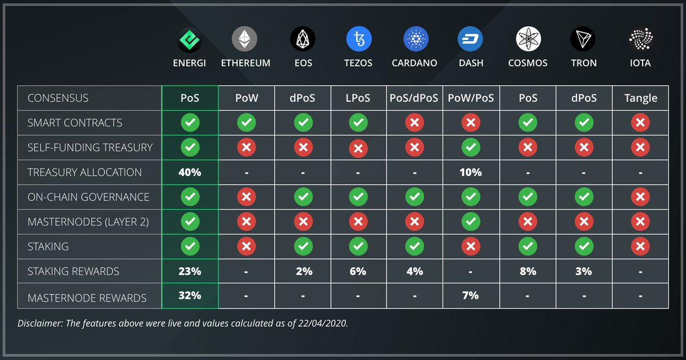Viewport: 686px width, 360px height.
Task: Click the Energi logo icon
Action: [x=190, y=39]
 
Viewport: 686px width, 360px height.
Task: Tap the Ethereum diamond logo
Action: [x=245, y=39]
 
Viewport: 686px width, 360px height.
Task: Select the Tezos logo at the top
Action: [x=359, y=39]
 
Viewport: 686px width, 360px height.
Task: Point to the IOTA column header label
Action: [x=640, y=63]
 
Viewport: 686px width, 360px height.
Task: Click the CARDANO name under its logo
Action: [x=414, y=63]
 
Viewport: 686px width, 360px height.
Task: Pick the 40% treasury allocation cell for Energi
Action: [x=190, y=172]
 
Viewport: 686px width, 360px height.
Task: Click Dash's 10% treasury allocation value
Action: [x=470, y=172]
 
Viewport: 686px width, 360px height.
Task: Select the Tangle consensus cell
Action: [x=640, y=98]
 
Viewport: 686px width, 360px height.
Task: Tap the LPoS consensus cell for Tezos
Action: [x=358, y=98]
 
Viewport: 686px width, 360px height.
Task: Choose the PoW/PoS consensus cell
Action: [x=470, y=98]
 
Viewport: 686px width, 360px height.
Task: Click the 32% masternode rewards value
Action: [x=190, y=296]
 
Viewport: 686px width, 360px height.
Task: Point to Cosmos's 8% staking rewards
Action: [x=528, y=271]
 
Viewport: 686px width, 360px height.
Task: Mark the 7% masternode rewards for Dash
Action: [x=470, y=296]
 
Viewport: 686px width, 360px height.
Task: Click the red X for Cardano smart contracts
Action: [x=414, y=123]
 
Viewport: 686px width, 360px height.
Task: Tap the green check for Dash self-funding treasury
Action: [x=470, y=147]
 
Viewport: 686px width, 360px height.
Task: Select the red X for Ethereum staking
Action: [x=246, y=246]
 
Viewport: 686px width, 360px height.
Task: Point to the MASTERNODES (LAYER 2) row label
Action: [x=88, y=222]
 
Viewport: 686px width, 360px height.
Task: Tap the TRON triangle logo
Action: [x=583, y=39]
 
